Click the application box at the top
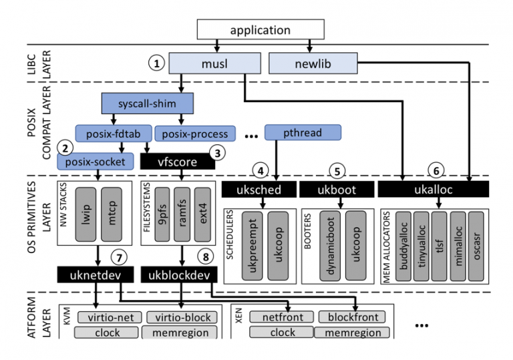(x=261, y=30)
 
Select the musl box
(x=214, y=63)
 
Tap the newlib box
(x=312, y=63)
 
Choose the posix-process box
(x=195, y=133)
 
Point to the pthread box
(x=303, y=132)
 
